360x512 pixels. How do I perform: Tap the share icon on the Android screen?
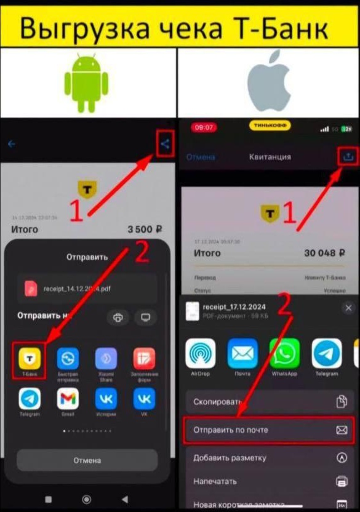pyautogui.click(x=164, y=145)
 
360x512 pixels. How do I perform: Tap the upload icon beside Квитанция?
pyautogui.click(x=348, y=156)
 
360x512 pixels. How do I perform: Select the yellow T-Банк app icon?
pyautogui.click(x=29, y=360)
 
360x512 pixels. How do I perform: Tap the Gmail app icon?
pyautogui.click(x=68, y=400)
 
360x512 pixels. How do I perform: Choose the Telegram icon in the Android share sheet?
pyautogui.click(x=29, y=400)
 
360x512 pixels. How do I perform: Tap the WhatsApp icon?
pyautogui.click(x=284, y=355)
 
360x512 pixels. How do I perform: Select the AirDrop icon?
pyautogui.click(x=201, y=355)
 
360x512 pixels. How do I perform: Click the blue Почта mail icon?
pyautogui.click(x=242, y=355)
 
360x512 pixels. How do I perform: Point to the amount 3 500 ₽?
pyautogui.click(x=145, y=230)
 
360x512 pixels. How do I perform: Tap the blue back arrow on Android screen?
pyautogui.click(x=11, y=145)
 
